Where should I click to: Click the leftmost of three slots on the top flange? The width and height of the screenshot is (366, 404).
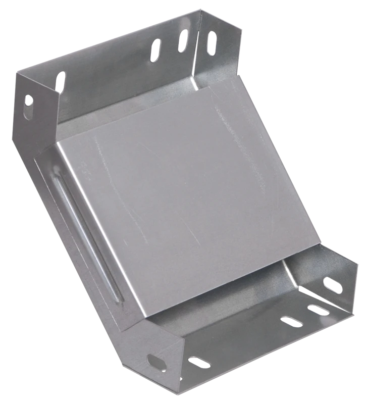pyautogui.click(x=156, y=51)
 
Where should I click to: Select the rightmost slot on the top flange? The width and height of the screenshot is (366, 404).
pyautogui.click(x=211, y=43)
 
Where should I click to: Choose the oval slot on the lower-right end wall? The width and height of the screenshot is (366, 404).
pyautogui.click(x=332, y=285)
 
